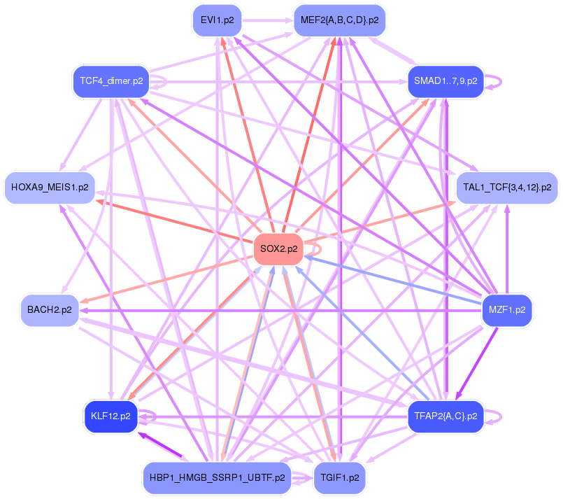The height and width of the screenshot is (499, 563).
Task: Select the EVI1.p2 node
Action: [217, 20]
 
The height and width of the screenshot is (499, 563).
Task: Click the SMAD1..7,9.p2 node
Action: [446, 81]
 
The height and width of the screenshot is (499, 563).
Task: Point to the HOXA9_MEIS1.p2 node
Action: [50, 188]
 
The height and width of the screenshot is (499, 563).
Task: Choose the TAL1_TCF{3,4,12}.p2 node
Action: [507, 188]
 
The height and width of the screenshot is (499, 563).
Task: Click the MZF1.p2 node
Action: [507, 309]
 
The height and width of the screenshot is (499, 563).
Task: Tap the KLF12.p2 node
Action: [111, 416]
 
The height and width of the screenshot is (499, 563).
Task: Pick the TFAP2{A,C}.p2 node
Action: [446, 416]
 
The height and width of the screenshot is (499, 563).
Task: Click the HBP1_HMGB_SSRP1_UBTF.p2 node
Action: [217, 478]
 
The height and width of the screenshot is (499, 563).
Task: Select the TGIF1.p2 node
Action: [339, 478]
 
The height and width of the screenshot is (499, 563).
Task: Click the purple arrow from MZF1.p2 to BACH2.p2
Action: [280, 309]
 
